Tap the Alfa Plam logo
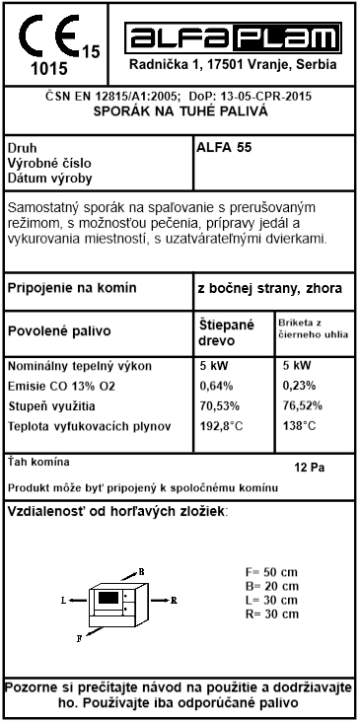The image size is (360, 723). [x=233, y=37]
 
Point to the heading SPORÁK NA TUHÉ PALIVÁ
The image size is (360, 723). [x=180, y=111]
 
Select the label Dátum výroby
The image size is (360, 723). [x=49, y=179]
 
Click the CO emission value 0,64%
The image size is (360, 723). [x=216, y=385]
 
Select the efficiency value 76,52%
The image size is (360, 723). [x=303, y=404]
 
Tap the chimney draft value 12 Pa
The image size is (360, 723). [x=311, y=467]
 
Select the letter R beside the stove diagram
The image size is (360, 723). [x=173, y=599]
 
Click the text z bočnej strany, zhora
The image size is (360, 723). [x=269, y=289]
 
